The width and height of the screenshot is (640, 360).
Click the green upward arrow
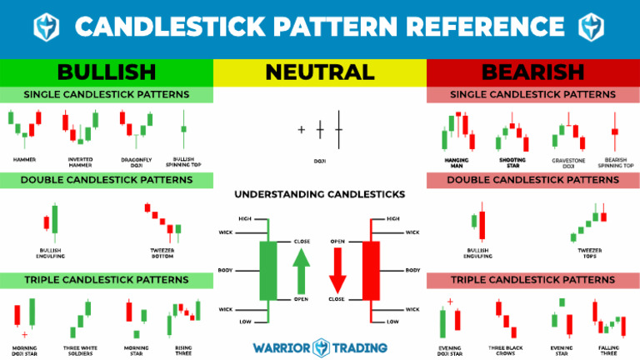(300, 269)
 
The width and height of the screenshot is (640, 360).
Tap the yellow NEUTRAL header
(320, 72)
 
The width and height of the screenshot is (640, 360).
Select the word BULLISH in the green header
(107, 72)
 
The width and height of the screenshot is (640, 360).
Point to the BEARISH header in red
(532, 72)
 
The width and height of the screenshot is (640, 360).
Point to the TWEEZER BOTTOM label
(161, 252)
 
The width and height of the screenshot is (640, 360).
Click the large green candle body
(268, 270)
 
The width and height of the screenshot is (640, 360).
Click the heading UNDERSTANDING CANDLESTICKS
(320, 193)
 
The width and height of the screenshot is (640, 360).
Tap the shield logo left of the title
(45, 27)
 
